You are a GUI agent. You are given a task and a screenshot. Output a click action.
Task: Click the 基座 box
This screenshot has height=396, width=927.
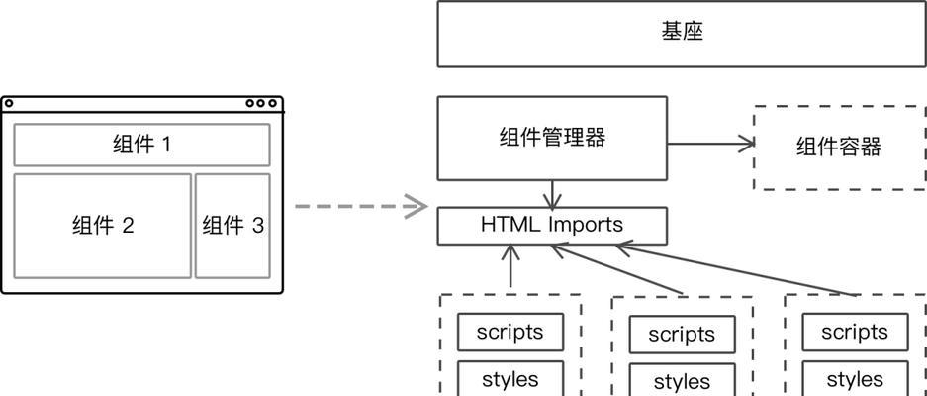click(x=682, y=34)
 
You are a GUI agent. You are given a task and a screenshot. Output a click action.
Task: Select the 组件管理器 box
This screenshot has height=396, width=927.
click(x=552, y=139)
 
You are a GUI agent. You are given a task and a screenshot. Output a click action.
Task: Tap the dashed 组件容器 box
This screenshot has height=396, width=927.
click(x=839, y=148)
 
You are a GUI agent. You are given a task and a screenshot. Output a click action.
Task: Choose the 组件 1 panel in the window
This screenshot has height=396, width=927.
click(x=141, y=145)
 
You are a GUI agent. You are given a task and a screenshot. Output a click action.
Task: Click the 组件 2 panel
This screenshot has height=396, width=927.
click(x=102, y=226)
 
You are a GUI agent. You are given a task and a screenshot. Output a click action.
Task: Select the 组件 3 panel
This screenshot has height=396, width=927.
click(x=232, y=226)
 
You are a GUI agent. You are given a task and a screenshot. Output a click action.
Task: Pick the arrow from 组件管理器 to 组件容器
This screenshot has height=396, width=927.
click(x=710, y=144)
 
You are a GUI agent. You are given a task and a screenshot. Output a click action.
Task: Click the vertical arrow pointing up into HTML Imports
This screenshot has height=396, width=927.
click(x=510, y=266)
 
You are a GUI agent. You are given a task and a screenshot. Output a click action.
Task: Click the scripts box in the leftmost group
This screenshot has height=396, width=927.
click(x=510, y=332)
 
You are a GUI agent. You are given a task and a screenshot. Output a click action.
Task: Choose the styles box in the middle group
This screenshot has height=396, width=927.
click(x=682, y=381)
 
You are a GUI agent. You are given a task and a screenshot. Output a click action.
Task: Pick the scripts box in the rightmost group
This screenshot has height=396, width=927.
click(x=854, y=332)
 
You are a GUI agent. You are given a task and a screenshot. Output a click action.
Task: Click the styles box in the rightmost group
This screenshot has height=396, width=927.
click(x=854, y=379)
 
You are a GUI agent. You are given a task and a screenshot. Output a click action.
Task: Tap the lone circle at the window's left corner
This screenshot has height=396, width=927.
click(x=9, y=103)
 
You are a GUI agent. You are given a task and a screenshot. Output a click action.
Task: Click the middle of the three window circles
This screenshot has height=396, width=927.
click(x=261, y=103)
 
